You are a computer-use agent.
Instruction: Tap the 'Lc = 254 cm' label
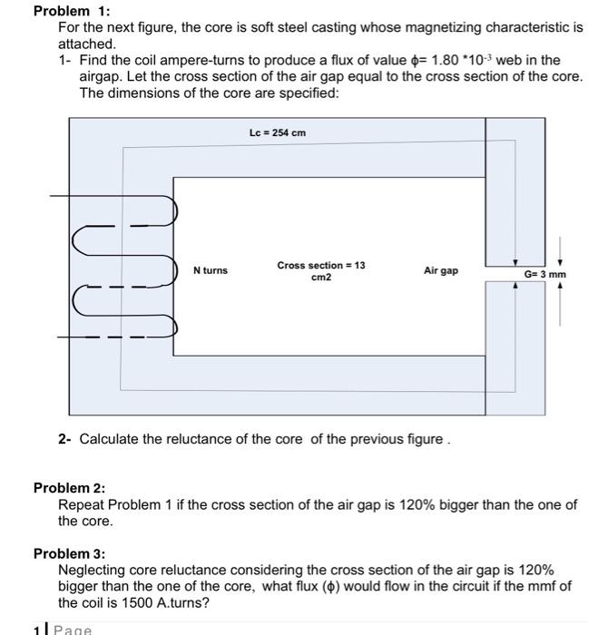tap(278, 133)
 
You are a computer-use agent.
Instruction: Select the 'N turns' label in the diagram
tap(211, 270)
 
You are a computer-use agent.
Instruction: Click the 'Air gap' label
tap(441, 270)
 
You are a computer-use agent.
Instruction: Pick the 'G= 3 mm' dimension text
tap(544, 274)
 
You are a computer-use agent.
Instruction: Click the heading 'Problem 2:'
tap(69, 488)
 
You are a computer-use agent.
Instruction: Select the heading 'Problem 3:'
tap(69, 553)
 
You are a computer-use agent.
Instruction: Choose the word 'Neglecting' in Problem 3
tap(92, 570)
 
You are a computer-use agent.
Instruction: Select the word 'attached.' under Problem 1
tap(87, 44)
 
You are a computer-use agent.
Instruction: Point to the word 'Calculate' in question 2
tap(111, 439)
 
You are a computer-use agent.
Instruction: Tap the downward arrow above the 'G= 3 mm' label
tap(560, 247)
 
